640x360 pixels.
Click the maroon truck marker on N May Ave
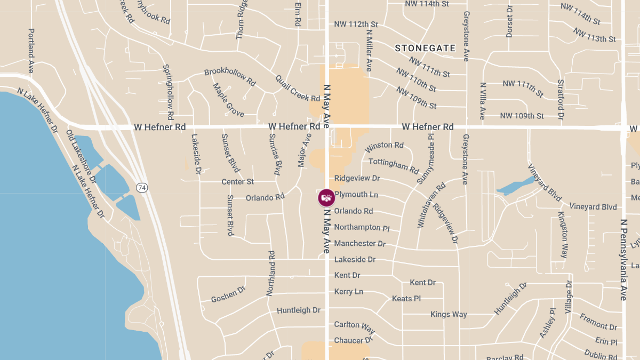click(326, 198)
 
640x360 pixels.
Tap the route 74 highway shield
click(142, 188)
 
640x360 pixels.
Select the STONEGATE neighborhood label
click(425, 48)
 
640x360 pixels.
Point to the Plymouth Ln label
click(356, 195)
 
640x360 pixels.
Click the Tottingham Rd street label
click(394, 166)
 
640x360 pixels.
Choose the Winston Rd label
click(384, 145)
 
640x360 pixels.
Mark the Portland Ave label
click(31, 51)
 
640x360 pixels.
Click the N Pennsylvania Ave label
click(623, 259)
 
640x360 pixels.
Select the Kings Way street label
click(449, 314)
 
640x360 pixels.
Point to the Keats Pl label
click(406, 299)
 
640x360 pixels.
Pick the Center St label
click(237, 182)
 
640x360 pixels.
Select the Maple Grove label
click(228, 100)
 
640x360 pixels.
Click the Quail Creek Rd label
click(298, 88)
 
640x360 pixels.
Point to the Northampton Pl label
click(362, 228)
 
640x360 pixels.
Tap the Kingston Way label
click(563, 235)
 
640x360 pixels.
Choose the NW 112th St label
click(356, 24)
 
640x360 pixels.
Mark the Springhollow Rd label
click(169, 92)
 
